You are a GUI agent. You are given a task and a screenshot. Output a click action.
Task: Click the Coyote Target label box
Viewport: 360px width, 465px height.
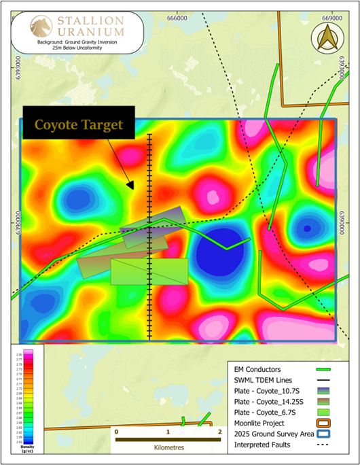tap(79, 124)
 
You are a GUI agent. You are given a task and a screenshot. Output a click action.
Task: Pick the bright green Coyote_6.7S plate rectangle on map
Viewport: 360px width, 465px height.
tap(149, 271)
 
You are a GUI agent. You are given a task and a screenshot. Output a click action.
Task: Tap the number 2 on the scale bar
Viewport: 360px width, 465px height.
tap(219, 432)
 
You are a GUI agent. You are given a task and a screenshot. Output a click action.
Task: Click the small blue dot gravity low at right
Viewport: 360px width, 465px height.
tap(307, 228)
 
